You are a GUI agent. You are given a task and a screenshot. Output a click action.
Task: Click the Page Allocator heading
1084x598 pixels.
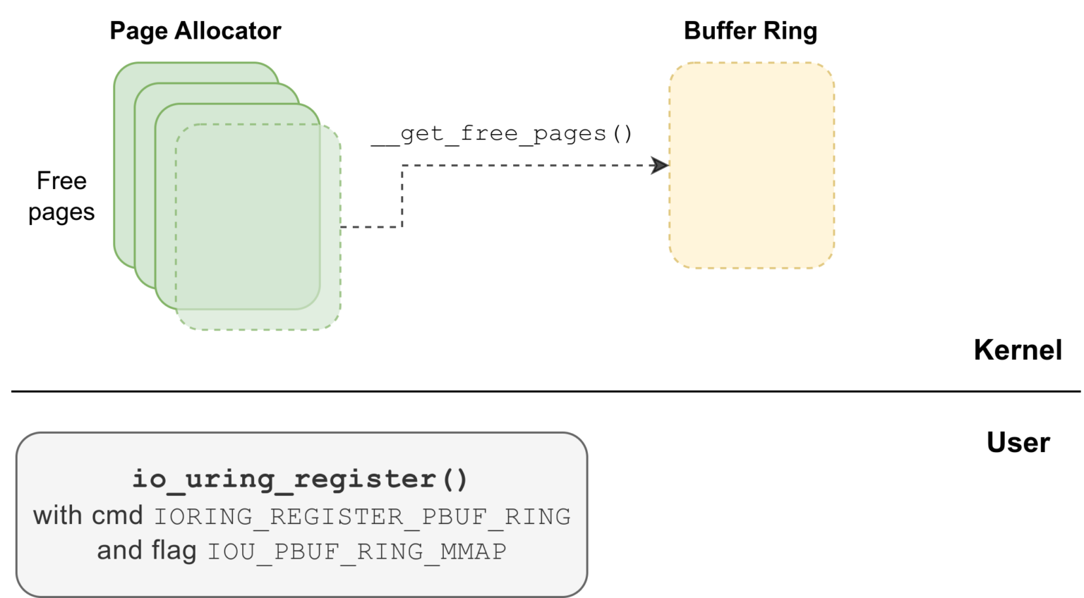[195, 31]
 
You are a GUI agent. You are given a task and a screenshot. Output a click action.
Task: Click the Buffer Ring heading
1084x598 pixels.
[750, 31]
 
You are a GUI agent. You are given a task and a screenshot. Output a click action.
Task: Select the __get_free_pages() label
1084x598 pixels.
[502, 133]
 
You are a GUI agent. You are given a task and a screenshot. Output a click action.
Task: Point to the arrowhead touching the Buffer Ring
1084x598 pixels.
[661, 166]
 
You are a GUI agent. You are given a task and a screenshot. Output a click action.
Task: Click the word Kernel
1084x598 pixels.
[1017, 350]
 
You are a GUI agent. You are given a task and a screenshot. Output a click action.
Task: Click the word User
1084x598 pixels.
[1018, 443]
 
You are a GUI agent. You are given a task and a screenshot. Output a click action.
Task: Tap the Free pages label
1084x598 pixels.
[61, 196]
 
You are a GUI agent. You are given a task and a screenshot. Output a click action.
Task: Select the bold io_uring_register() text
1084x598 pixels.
[300, 479]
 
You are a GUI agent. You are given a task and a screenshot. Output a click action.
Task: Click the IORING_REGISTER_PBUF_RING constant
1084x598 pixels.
[362, 517]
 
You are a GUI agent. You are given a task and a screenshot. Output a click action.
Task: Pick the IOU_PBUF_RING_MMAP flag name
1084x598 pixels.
[356, 551]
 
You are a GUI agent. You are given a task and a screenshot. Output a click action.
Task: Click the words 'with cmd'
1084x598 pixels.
[88, 515]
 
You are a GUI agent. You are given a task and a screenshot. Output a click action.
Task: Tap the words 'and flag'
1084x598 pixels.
[147, 551]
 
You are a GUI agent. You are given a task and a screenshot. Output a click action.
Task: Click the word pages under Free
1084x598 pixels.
[61, 212]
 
